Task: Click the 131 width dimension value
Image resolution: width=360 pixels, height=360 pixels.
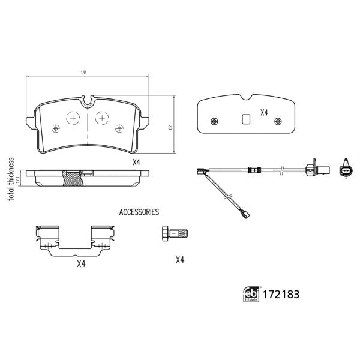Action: (84, 72)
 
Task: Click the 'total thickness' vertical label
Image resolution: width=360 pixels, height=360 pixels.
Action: (10, 179)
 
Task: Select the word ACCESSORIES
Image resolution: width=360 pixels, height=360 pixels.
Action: (139, 212)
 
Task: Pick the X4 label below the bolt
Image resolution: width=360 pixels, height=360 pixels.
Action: (179, 260)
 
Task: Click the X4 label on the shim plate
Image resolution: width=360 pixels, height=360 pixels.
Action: (264, 112)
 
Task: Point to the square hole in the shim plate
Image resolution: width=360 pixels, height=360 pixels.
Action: (245, 119)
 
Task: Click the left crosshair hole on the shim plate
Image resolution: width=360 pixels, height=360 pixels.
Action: (214, 120)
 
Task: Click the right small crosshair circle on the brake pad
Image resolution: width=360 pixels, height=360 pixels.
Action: (119, 127)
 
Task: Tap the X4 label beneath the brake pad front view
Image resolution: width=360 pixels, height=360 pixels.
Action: (136, 162)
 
